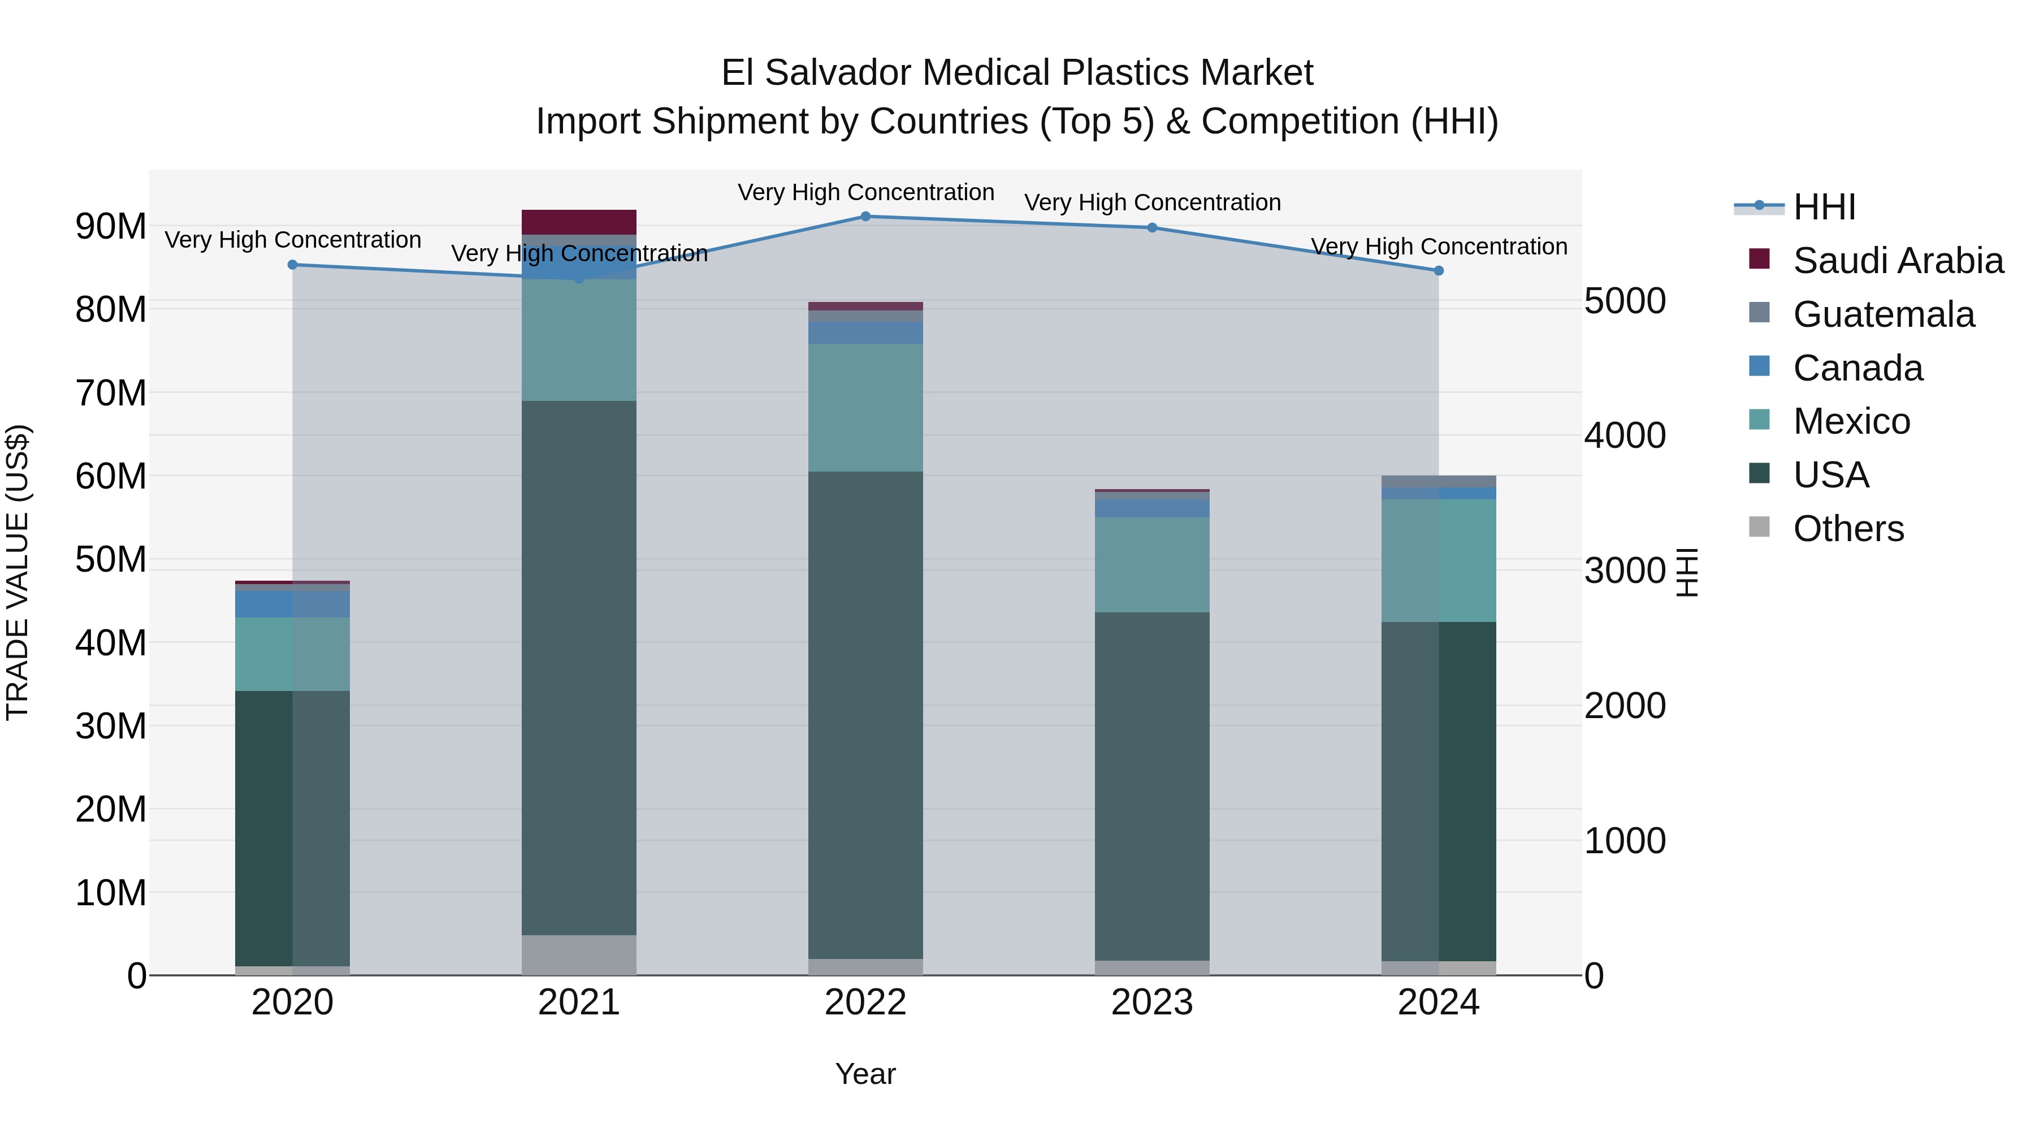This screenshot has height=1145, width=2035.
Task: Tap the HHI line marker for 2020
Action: coord(292,265)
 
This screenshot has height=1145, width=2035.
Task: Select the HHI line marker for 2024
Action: coord(1439,270)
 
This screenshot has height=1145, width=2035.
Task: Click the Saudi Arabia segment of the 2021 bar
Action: coord(579,222)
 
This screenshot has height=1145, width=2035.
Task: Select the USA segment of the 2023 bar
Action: coord(1152,787)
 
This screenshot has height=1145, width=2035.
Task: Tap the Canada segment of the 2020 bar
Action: coord(292,604)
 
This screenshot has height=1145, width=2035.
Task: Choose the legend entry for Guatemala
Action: coord(1884,314)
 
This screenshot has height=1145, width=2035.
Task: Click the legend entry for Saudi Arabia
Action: coord(1898,261)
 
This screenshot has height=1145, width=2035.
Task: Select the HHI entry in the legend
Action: coord(1824,207)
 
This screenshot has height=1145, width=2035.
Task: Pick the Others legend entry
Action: coord(1848,529)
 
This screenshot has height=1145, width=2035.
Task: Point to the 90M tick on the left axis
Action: coord(111,227)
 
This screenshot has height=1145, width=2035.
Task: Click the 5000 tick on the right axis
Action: coord(1625,301)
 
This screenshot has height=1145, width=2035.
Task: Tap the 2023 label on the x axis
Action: coord(1152,1003)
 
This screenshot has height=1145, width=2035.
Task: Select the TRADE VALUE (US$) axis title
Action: coord(18,572)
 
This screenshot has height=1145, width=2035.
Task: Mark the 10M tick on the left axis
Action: coord(111,893)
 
